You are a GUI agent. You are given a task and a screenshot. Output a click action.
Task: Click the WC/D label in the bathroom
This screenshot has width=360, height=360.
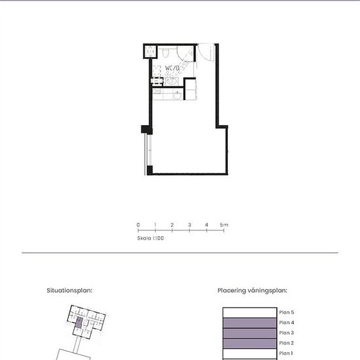point(172,67)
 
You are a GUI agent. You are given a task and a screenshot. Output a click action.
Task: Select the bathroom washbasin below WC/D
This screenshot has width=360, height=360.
point(171,81)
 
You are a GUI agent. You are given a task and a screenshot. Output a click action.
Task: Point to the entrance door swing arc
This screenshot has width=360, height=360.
point(204,53)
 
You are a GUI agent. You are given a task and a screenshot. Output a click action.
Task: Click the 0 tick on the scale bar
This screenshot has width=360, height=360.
point(138,225)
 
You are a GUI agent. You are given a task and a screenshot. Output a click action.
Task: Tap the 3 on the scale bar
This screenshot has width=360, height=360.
point(189,225)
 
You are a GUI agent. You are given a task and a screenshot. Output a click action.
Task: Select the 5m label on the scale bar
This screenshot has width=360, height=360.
point(224,225)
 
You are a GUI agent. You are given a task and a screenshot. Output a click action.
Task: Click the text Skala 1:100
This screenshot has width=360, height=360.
point(151,239)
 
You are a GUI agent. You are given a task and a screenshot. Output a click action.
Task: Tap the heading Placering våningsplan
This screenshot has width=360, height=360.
point(253,289)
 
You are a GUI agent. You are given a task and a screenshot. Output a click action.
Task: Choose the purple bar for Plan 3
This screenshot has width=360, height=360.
point(249,333)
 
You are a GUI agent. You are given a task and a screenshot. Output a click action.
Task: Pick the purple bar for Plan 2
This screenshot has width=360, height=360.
point(249,344)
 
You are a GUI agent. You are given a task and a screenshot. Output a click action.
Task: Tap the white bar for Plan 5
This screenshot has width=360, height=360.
point(249,312)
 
